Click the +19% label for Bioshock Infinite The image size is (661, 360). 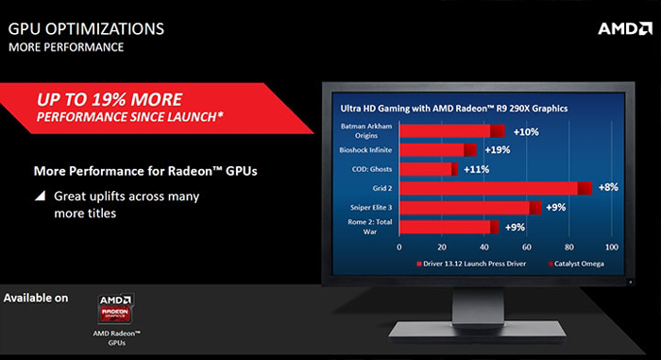click(x=497, y=149)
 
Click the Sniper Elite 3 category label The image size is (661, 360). click(x=365, y=207)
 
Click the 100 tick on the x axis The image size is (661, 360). click(x=611, y=247)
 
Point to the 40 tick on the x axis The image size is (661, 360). click(x=484, y=247)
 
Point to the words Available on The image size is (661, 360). click(x=36, y=299)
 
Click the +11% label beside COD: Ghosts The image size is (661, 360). click(x=475, y=169)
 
